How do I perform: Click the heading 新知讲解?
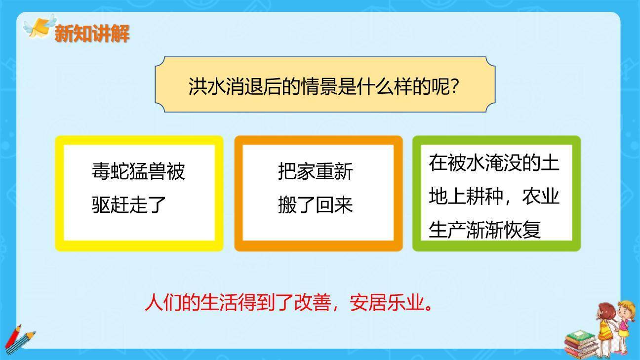click(92, 34)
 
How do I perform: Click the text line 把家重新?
click(315, 171)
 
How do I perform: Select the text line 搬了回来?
click(315, 204)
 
